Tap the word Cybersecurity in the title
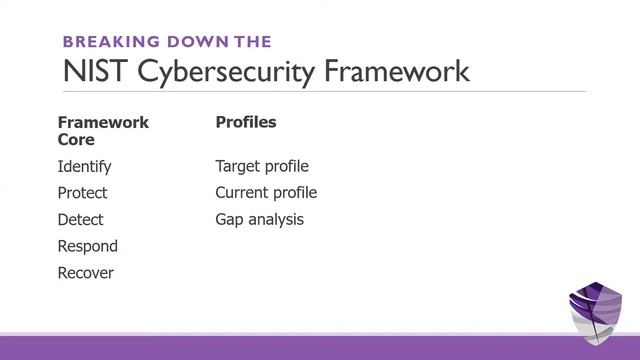(x=218, y=71)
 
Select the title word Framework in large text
(x=391, y=71)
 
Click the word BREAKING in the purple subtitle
(x=105, y=41)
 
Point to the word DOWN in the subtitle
(x=194, y=41)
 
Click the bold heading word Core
(x=76, y=140)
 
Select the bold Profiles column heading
(x=246, y=122)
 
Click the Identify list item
(x=84, y=166)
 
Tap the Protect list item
(x=82, y=193)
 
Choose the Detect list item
(x=80, y=219)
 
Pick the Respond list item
(x=87, y=246)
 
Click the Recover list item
(x=85, y=273)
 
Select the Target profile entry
(x=262, y=166)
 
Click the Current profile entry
(x=266, y=193)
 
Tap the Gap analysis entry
(x=259, y=219)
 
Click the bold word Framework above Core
(x=103, y=122)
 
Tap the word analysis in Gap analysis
(x=276, y=219)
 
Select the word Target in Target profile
(x=237, y=166)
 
